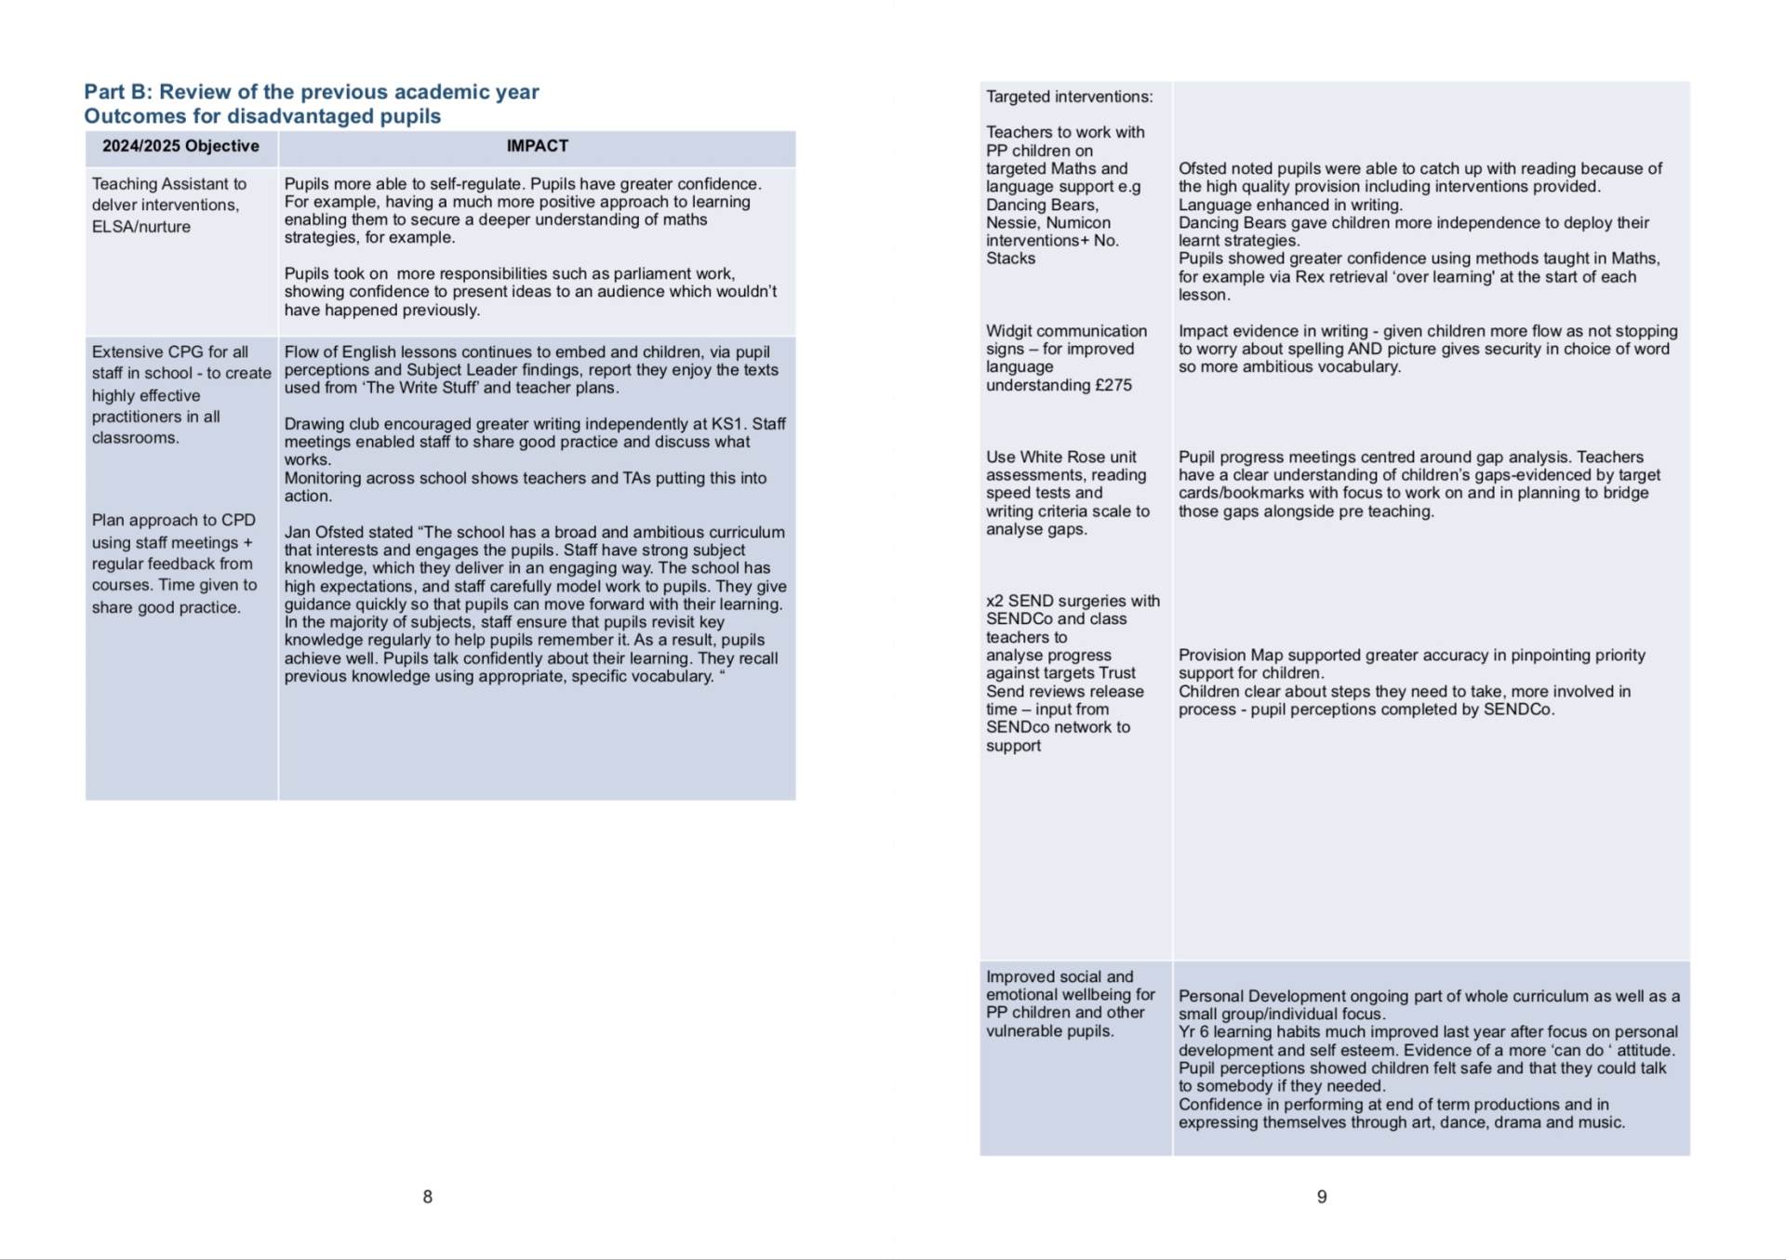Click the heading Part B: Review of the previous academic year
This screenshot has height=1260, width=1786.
click(x=311, y=92)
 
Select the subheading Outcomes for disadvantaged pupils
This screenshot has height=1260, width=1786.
click(x=262, y=116)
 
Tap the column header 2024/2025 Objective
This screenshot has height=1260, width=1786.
click(x=180, y=146)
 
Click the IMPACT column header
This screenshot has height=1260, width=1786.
click(x=537, y=146)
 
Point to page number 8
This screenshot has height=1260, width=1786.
click(x=427, y=1197)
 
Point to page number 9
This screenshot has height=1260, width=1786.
click(x=1321, y=1197)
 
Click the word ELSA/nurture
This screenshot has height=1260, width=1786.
click(x=140, y=227)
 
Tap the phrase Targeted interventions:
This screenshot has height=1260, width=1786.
click(x=1069, y=97)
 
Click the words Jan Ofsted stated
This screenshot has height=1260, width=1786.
click(x=348, y=532)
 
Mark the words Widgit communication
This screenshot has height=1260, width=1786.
click(x=1066, y=331)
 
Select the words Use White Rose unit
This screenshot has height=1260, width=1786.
click(x=1060, y=458)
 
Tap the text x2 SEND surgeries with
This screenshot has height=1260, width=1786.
click(x=1073, y=601)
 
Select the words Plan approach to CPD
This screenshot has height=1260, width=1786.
click(x=173, y=521)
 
